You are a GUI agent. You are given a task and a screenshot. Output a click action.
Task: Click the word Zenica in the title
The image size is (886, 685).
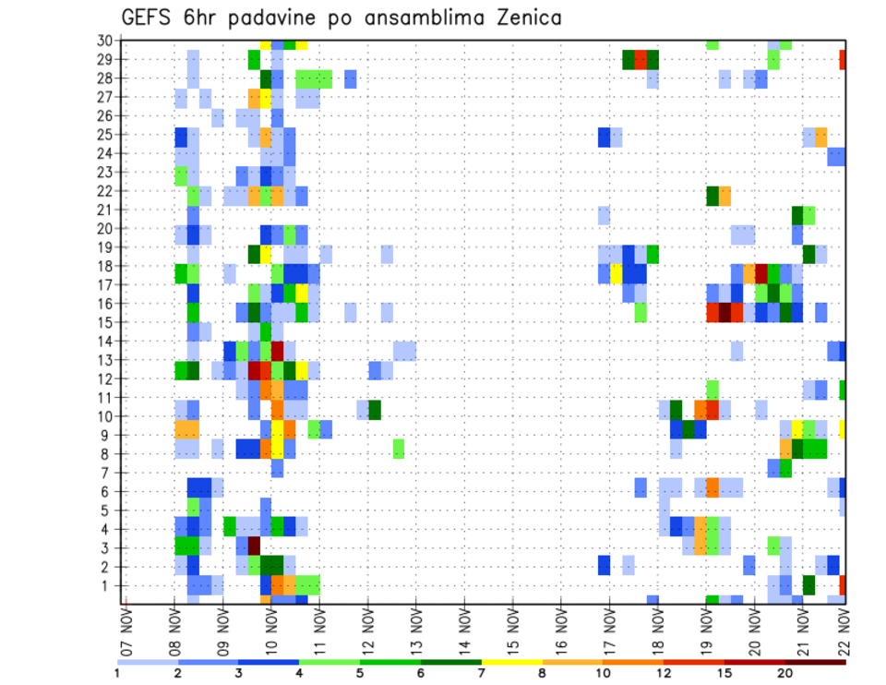[x=522, y=18]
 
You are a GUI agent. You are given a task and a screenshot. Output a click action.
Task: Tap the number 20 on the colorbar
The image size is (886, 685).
[x=785, y=673]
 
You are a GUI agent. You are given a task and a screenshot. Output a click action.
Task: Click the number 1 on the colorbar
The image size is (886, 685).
[x=117, y=673]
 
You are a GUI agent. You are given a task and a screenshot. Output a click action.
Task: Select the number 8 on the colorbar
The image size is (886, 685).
[x=542, y=673]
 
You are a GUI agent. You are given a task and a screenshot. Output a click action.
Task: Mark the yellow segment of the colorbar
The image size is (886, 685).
[x=511, y=662]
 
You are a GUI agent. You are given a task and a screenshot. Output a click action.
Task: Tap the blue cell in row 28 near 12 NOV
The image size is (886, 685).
[x=351, y=78]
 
